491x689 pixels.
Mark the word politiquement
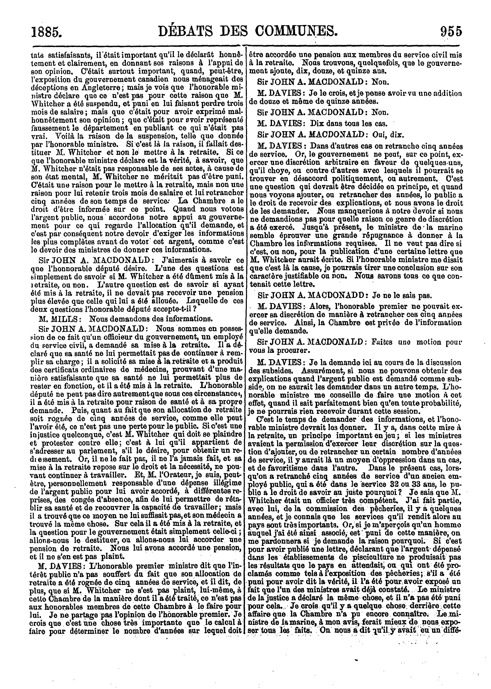coord(340,179)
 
